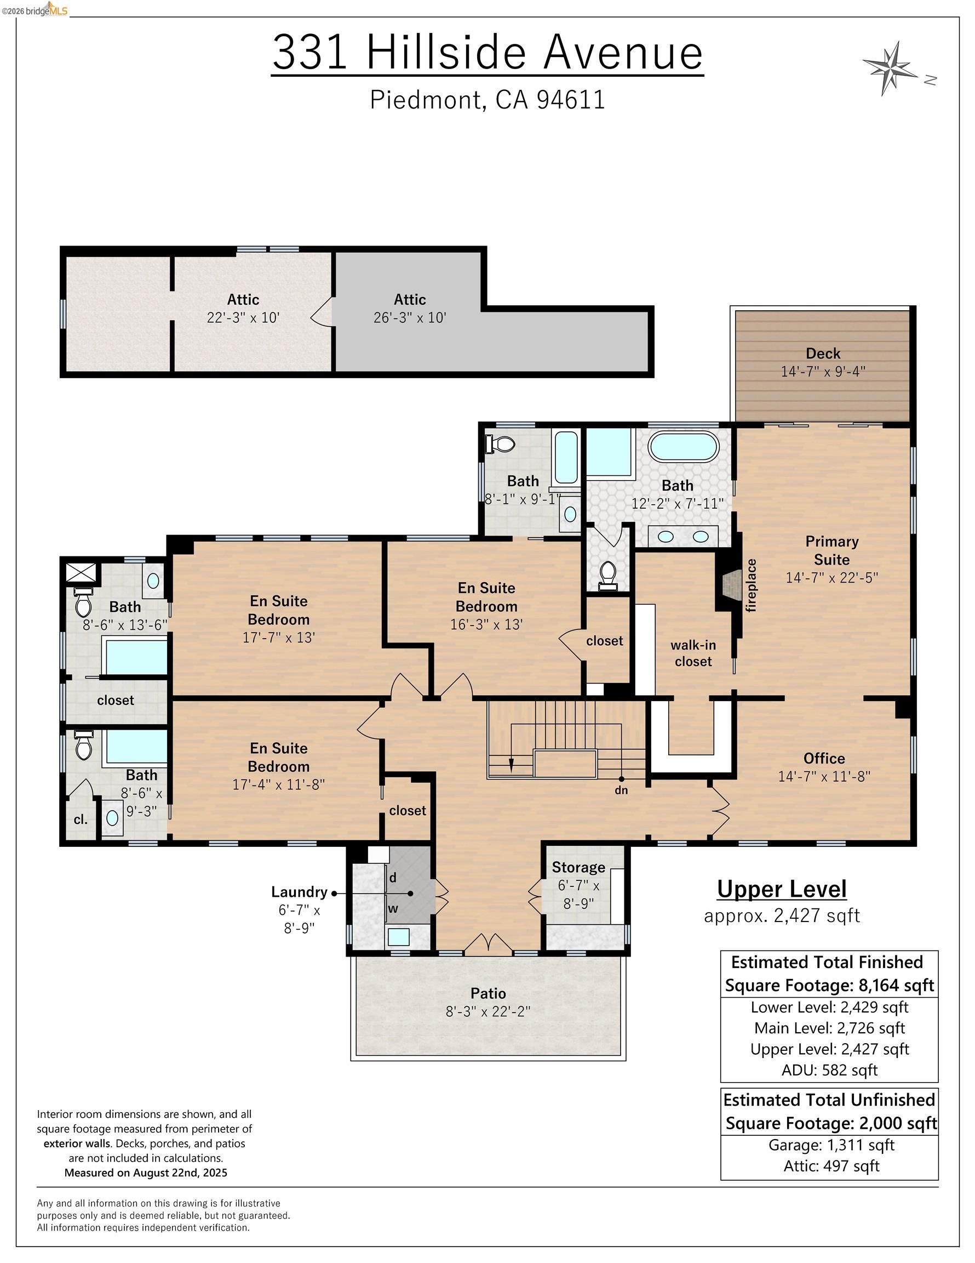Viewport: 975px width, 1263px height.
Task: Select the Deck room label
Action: click(823, 354)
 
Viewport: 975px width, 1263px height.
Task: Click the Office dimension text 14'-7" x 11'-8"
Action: click(824, 776)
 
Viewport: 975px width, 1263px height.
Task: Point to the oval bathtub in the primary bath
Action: click(683, 447)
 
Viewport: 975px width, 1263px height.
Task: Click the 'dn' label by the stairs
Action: click(621, 790)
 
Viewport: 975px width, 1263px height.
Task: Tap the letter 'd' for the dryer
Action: click(392, 877)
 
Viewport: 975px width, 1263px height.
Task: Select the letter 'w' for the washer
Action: click(393, 908)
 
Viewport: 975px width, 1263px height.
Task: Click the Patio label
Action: click(489, 993)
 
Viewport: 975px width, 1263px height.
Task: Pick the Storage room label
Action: click(578, 867)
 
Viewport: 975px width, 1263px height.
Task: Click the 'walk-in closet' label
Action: click(693, 653)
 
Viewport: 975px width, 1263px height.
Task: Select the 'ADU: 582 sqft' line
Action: click(829, 1070)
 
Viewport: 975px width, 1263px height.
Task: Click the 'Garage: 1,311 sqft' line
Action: click(831, 1145)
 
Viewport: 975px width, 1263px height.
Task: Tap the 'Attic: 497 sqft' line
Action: click(831, 1166)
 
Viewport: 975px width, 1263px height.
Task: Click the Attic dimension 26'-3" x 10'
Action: click(410, 317)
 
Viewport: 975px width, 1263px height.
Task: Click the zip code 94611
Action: click(571, 99)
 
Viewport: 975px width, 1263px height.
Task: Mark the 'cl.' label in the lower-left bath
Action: click(81, 820)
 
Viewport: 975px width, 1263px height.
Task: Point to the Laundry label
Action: click(300, 892)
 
